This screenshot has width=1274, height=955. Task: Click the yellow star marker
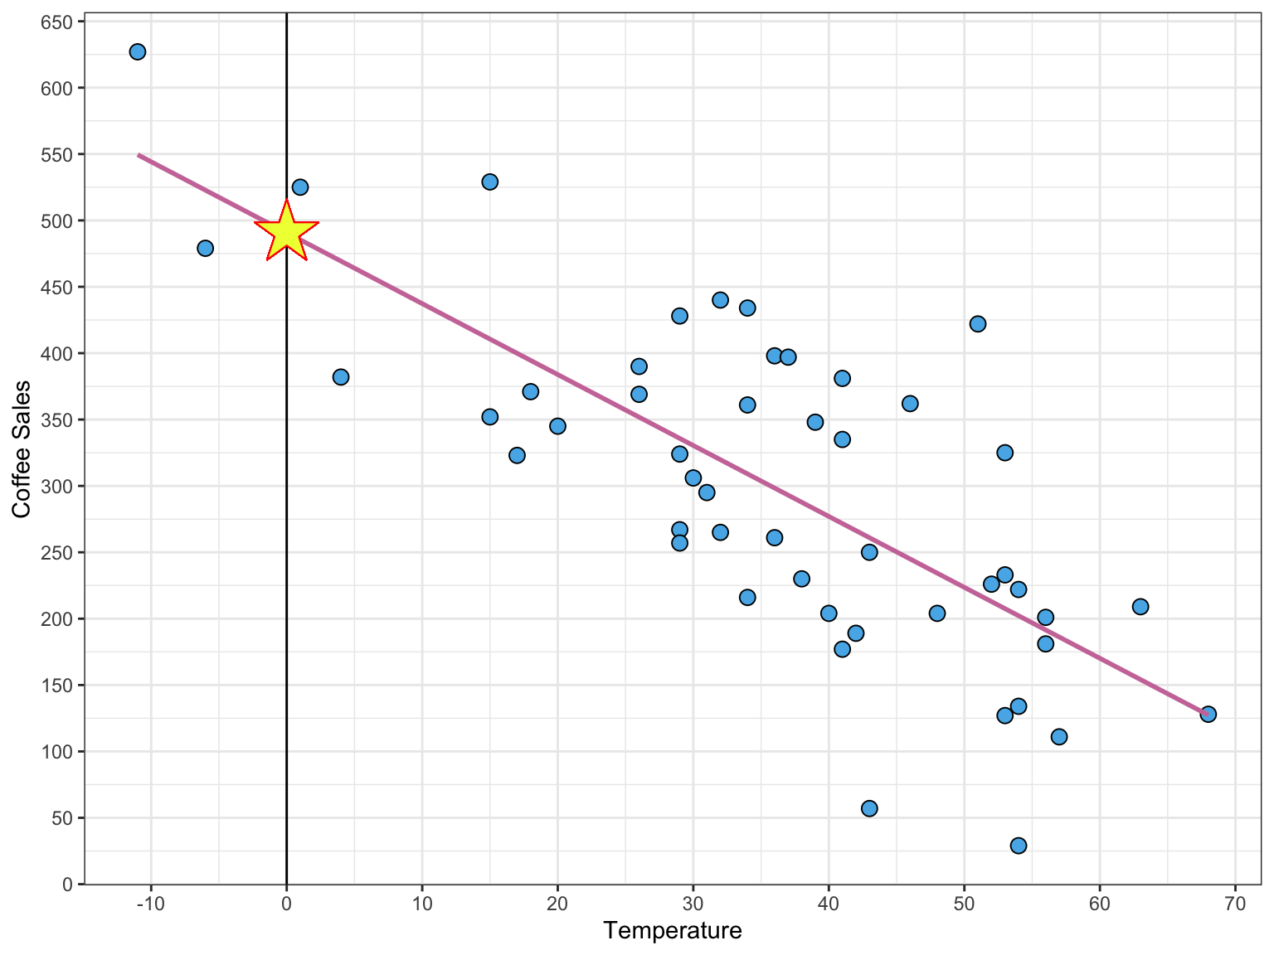click(x=286, y=233)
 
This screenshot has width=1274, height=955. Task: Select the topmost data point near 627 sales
click(x=138, y=51)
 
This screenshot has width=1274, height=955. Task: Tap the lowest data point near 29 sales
click(x=1019, y=846)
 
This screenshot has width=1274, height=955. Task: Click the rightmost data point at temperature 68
click(x=1208, y=714)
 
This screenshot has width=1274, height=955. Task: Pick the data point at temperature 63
click(x=1140, y=607)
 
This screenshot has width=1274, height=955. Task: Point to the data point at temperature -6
click(x=206, y=248)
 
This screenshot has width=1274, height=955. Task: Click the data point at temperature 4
click(x=341, y=377)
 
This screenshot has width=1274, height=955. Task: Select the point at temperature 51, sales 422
click(x=978, y=323)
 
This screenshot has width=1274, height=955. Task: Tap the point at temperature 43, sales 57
click(x=869, y=808)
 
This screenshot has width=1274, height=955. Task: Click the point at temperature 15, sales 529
click(x=490, y=182)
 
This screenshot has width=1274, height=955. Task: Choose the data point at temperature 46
click(x=910, y=404)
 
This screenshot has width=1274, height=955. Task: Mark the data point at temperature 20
click(x=557, y=426)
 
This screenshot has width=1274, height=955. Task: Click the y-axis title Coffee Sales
click(x=22, y=448)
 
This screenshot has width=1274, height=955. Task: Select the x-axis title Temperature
click(x=673, y=931)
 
